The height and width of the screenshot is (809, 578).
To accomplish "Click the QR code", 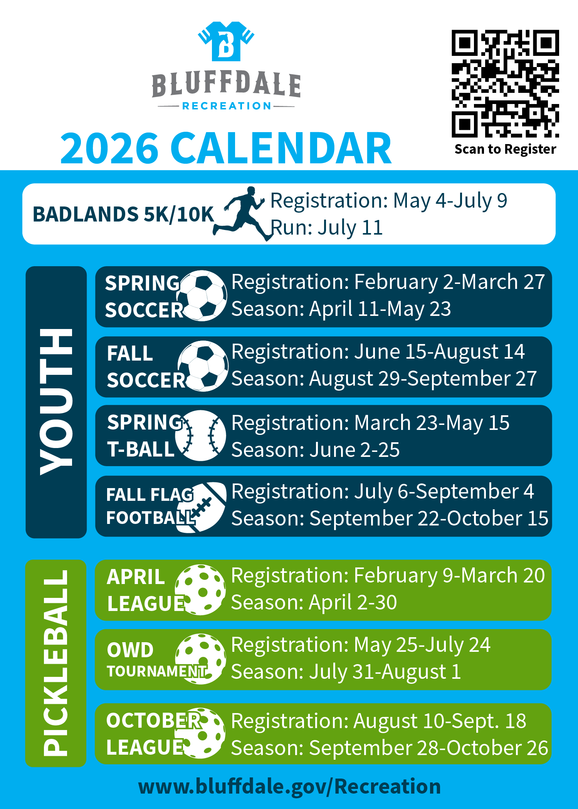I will (x=505, y=84).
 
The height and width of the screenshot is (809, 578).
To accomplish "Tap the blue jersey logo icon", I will (x=226, y=42).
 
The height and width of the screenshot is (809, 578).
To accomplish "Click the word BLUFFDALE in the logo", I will (x=226, y=84).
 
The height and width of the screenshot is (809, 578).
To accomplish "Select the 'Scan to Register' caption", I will (x=505, y=149).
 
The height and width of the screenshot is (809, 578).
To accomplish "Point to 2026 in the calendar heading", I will (x=109, y=148).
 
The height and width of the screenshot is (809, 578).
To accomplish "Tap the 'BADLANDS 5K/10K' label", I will (x=123, y=214).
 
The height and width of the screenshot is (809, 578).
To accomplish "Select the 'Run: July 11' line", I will (x=326, y=227).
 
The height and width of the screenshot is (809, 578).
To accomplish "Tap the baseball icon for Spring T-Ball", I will (x=200, y=436).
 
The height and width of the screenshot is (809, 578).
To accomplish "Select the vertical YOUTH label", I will (x=56, y=402).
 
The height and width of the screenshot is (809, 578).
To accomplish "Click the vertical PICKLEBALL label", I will (x=56, y=663).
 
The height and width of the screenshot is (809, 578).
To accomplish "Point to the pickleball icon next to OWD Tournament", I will (x=201, y=659).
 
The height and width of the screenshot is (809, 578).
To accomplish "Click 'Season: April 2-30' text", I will (x=314, y=603).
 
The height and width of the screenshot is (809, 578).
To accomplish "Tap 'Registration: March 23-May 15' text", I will (x=370, y=423).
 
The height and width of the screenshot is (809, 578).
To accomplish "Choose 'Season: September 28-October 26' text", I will (x=389, y=748).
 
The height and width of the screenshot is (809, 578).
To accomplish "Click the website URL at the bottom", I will (x=289, y=786).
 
